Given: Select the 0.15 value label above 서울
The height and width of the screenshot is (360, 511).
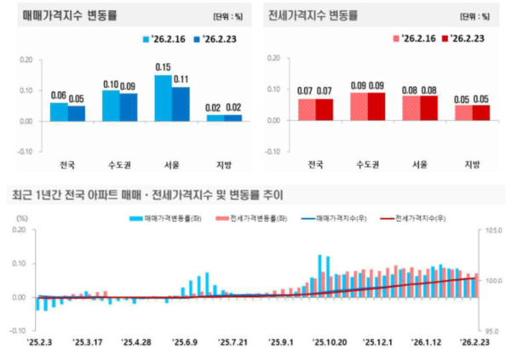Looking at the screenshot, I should click(x=163, y=66).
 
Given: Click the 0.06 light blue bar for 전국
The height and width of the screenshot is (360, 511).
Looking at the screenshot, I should click(x=59, y=111).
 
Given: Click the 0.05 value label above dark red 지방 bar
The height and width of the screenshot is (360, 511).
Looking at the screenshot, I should click(x=481, y=99).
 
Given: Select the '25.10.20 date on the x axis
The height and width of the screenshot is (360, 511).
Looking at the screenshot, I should click(x=330, y=342).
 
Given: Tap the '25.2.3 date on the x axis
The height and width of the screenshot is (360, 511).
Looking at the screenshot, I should click(x=39, y=342).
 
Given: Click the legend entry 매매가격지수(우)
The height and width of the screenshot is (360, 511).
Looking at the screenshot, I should click(x=335, y=219).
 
